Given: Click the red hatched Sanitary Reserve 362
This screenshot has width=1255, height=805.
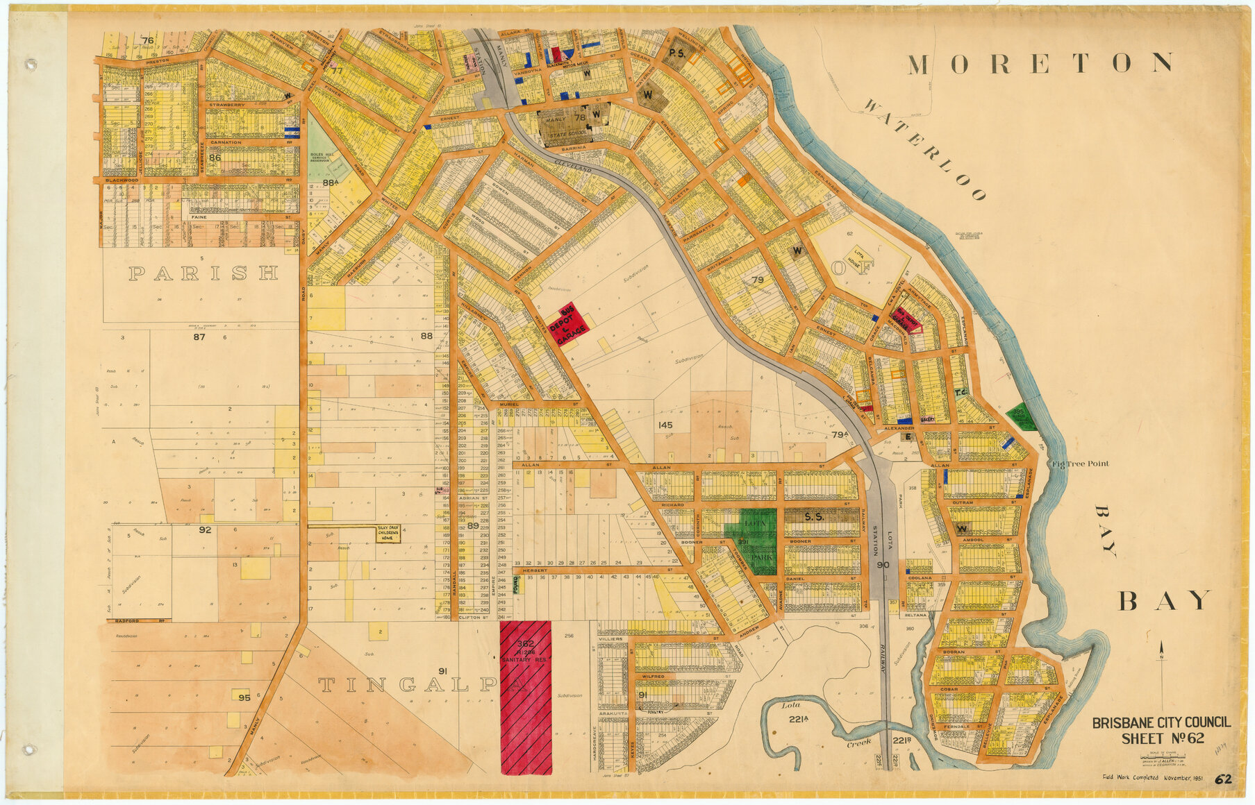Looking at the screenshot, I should click(x=526, y=697).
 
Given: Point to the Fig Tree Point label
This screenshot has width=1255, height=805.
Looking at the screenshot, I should click(x=1080, y=464).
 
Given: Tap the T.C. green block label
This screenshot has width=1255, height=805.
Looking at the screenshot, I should click(x=961, y=393).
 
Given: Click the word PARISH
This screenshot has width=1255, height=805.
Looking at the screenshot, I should click(x=203, y=273).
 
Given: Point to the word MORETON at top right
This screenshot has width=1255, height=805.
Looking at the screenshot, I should click(x=1040, y=64).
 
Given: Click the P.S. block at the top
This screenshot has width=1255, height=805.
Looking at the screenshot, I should click(x=676, y=53).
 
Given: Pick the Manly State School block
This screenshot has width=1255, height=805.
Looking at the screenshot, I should click(x=574, y=124).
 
